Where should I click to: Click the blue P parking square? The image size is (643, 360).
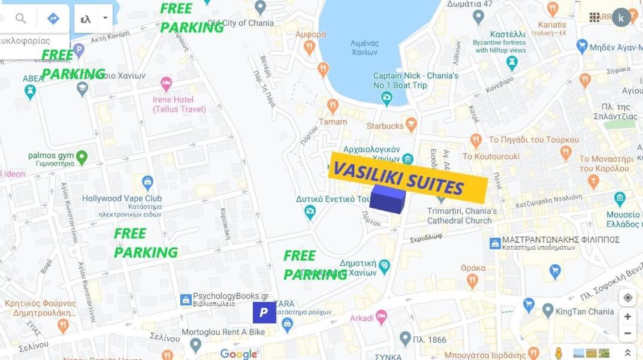click(264, 312)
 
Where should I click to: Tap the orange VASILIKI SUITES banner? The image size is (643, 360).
click(407, 178)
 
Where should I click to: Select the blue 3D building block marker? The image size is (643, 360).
click(387, 199)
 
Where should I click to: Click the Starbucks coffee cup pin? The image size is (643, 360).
click(411, 125)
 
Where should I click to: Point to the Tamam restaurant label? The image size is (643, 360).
click(333, 122)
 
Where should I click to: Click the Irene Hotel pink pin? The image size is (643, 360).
click(166, 84)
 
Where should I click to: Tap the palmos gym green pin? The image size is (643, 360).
click(81, 157)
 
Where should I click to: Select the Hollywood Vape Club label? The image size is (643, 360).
click(122, 198)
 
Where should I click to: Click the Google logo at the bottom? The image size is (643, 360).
click(239, 354)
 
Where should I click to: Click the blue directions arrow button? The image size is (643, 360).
click(53, 19)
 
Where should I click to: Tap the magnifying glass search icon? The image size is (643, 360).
click(21, 19)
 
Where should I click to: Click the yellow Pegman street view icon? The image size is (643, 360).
click(559, 353)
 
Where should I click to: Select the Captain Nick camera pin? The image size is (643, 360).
click(387, 98)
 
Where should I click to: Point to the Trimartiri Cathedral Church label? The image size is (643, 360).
click(461, 216)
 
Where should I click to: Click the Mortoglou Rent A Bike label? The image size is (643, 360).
click(223, 332)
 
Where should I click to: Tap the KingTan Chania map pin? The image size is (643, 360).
click(548, 310)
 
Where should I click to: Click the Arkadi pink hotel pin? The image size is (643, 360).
click(381, 317)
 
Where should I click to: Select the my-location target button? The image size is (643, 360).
click(627, 298)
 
